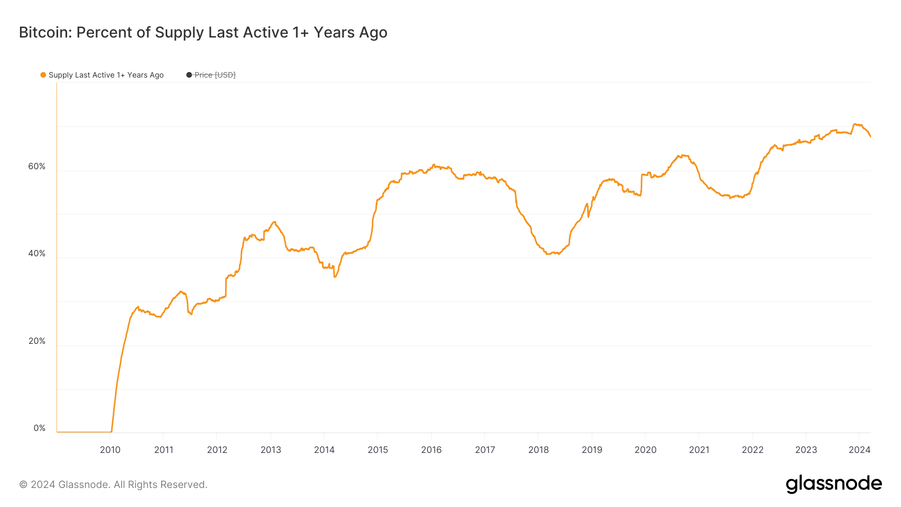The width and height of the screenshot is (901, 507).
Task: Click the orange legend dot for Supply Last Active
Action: tap(43, 75)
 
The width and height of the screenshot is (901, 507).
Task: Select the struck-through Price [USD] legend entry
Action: tap(214, 75)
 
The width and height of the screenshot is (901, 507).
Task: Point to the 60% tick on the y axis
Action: tap(37, 166)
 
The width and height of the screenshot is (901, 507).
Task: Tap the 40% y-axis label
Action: tap(37, 253)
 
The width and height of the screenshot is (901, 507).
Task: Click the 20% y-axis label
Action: tap(37, 341)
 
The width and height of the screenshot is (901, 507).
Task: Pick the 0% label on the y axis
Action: tap(39, 428)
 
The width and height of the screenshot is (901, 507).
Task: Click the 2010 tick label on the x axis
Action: tap(110, 449)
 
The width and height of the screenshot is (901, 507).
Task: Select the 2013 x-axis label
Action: tap(271, 449)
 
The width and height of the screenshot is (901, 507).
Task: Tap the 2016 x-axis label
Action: tap(431, 449)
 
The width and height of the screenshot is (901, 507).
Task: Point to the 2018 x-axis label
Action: tap(539, 449)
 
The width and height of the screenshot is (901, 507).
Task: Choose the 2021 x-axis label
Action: tap(699, 449)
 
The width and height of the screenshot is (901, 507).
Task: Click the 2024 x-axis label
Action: tap(859, 449)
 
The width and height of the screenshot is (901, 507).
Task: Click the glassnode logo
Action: tap(833, 484)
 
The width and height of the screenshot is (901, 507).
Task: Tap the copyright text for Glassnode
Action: tap(113, 484)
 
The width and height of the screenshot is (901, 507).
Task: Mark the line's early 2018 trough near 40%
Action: tap(548, 254)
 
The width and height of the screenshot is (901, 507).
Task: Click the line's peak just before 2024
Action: tap(855, 124)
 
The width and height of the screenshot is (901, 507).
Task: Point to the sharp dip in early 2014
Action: tap(334, 277)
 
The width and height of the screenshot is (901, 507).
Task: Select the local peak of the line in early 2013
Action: tap(274, 222)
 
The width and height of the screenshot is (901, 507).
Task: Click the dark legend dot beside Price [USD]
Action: tap(189, 75)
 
